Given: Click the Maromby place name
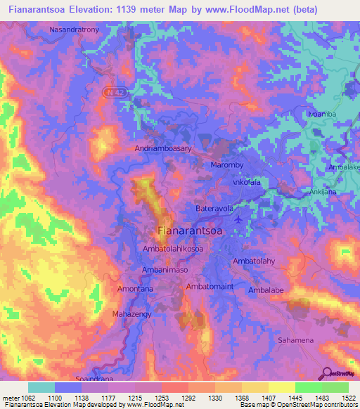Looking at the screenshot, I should pyautogui.click(x=227, y=165).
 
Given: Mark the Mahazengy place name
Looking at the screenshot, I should pyautogui.click(x=132, y=314).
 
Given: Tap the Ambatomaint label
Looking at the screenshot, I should pyautogui.click(x=209, y=287).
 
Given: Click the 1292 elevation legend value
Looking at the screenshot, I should pyautogui.click(x=187, y=397).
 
